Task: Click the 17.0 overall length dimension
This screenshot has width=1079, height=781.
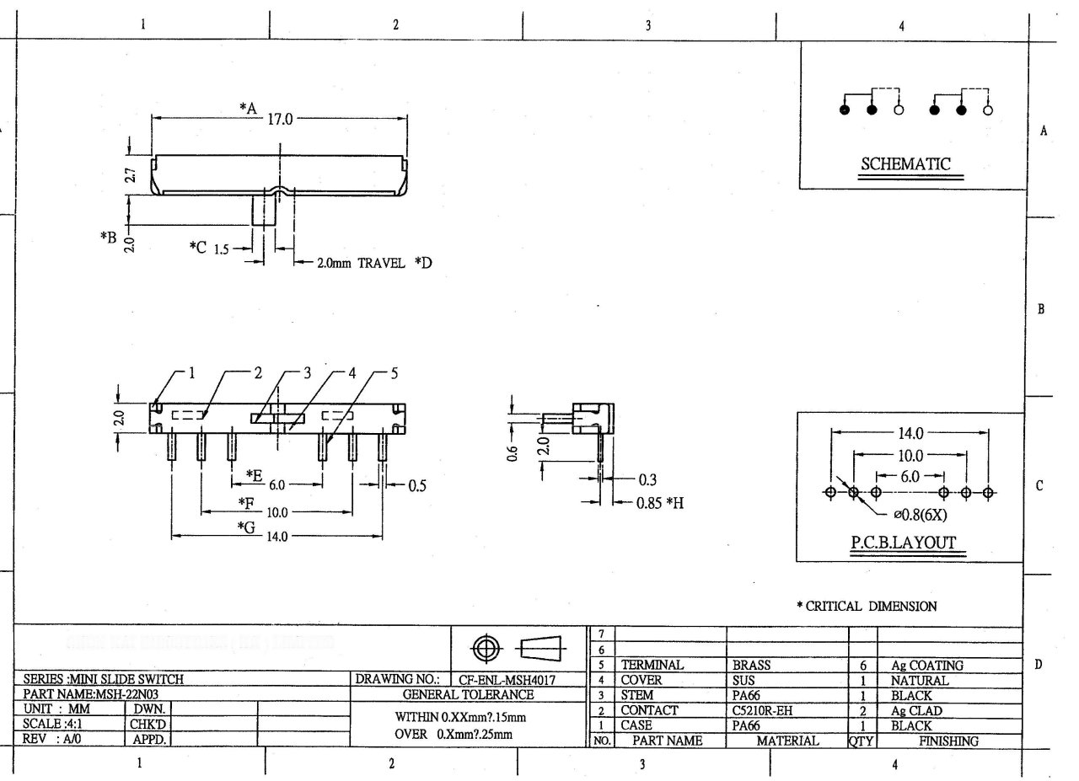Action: click(279, 119)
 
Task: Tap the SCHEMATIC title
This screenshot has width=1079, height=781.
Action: click(905, 164)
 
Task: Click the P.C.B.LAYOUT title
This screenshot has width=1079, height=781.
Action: click(903, 543)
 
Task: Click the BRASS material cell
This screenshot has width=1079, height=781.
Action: click(752, 666)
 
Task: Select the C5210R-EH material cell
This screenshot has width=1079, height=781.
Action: click(762, 711)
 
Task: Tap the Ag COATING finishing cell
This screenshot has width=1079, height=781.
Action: click(926, 666)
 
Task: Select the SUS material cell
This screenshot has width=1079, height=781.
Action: click(744, 680)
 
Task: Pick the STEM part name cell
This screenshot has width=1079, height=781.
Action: click(637, 696)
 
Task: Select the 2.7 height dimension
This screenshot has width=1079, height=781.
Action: click(129, 175)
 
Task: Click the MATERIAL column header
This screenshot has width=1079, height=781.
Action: click(787, 741)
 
